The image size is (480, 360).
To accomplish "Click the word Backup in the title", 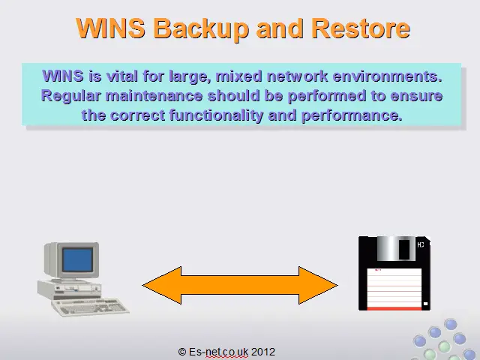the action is [x=200, y=28].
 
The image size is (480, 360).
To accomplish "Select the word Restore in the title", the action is [x=361, y=28].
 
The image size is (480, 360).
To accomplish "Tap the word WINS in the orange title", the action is [x=110, y=28].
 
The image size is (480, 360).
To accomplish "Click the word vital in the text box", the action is [x=121, y=76].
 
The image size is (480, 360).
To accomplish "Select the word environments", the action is [x=387, y=76].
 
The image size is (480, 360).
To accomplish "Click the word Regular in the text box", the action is [x=70, y=96].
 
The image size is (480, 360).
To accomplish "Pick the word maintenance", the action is [x=154, y=96].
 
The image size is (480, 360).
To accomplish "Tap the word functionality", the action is [x=216, y=115].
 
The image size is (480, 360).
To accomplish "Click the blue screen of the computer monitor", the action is [x=77, y=260].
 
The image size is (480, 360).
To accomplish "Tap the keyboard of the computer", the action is [x=91, y=307].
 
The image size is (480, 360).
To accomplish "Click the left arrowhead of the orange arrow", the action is [x=162, y=285].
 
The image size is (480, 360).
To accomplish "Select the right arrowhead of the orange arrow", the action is [x=318, y=285].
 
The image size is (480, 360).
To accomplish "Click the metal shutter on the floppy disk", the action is [x=396, y=248].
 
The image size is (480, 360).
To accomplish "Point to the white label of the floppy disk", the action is [x=394, y=288].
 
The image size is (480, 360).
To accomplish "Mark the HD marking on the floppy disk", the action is [x=421, y=244].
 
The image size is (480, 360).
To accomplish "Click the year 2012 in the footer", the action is [x=263, y=352].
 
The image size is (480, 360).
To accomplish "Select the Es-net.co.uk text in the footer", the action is [x=218, y=352].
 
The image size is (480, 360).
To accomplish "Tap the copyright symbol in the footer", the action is [x=182, y=352].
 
